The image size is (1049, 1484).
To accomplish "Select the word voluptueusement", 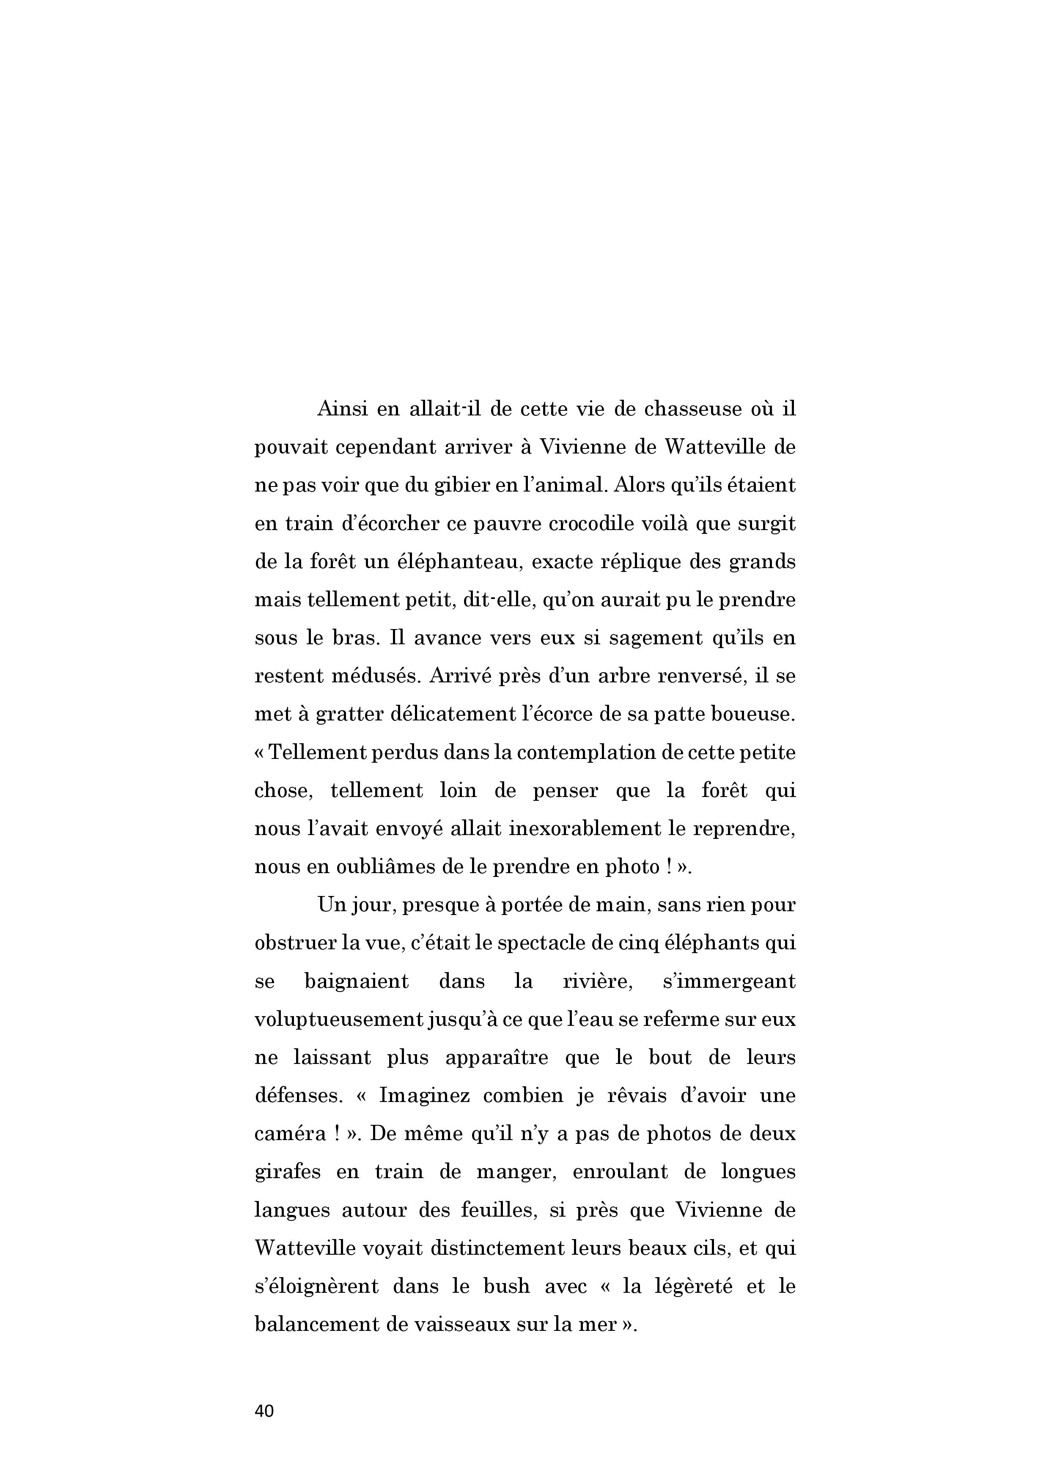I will pyautogui.click(x=338, y=1020).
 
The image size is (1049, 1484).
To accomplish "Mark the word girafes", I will pyautogui.click(x=288, y=1172).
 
